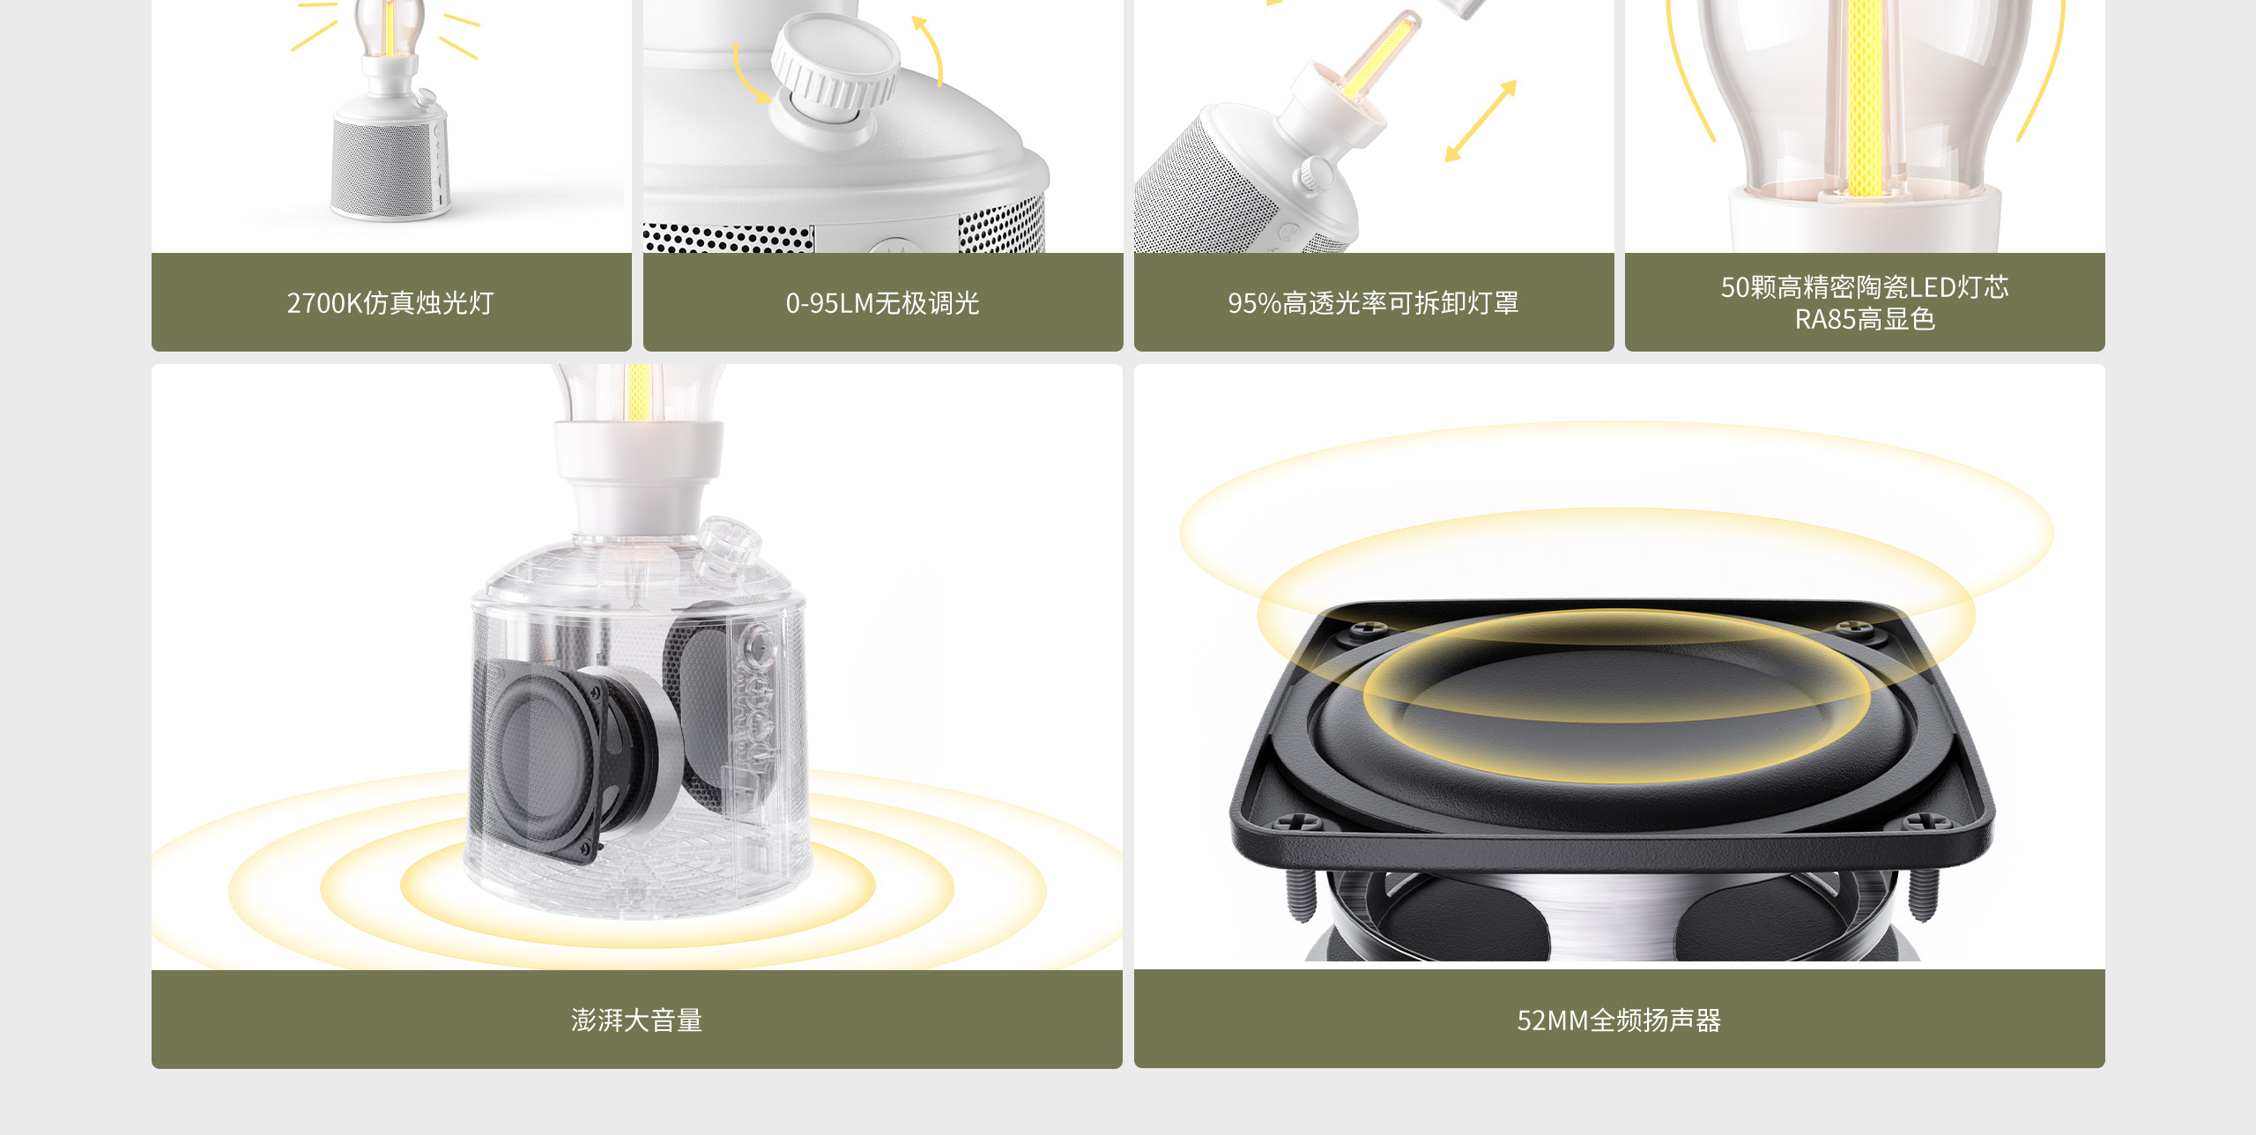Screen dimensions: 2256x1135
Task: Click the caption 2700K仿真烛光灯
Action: coord(390,303)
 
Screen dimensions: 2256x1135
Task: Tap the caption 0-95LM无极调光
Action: coord(882,303)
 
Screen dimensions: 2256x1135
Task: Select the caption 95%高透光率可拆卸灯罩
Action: coord(1373,303)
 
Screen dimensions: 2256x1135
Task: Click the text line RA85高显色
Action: coord(1865,319)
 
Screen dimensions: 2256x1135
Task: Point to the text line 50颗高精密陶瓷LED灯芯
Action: coord(1865,287)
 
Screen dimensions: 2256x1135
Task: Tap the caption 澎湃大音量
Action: coord(636,1020)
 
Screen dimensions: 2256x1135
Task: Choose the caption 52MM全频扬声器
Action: coord(1619,1020)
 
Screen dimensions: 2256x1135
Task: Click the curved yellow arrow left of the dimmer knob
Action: coord(750,75)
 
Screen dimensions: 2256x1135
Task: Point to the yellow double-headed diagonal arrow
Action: coord(1480,122)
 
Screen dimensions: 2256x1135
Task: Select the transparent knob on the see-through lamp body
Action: coord(728,546)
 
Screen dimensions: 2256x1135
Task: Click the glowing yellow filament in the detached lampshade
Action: coord(1379,53)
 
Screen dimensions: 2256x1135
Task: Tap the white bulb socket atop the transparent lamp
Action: coord(638,476)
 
